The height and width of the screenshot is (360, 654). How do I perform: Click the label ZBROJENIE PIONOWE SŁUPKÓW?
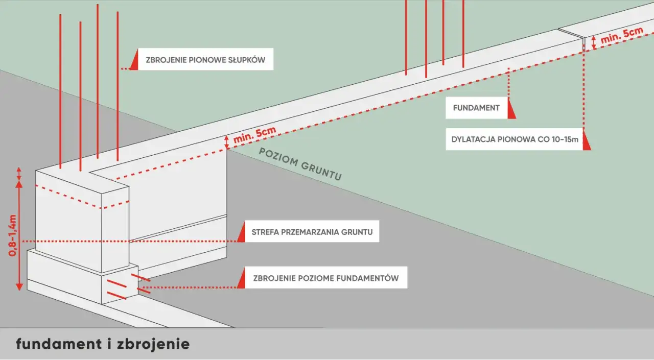205,59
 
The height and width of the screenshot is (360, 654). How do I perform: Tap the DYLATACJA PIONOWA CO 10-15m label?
515,139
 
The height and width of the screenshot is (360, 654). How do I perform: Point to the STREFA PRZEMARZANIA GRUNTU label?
312,232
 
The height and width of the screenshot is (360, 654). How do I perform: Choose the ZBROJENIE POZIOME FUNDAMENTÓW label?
325,278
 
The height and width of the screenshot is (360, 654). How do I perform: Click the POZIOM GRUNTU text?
300,164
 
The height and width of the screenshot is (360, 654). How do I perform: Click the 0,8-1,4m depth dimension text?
14,235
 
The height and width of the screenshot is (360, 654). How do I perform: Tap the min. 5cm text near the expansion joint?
621,36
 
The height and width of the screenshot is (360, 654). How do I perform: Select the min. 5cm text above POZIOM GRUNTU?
254,136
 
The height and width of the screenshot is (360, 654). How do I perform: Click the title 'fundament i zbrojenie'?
103,344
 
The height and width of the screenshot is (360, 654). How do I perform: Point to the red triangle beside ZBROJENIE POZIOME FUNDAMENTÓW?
241,280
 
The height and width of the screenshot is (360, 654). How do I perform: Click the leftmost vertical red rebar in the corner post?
60,92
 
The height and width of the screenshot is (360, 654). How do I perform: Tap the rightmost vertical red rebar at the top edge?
463,33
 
